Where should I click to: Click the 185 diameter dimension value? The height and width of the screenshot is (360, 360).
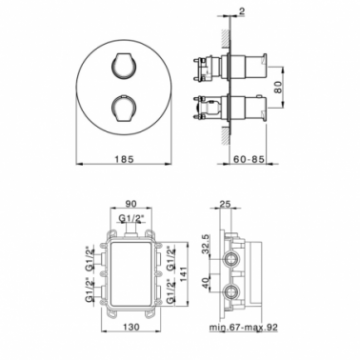(124, 159)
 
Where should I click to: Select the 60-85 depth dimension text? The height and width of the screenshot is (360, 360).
(249, 159)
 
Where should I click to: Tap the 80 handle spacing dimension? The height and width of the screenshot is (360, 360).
(278, 88)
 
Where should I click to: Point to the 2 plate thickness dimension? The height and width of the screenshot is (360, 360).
(242, 11)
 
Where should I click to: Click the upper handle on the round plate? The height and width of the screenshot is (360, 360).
(125, 65)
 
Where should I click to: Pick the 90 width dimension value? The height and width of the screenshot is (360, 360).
(130, 204)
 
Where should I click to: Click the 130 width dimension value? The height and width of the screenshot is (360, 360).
(130, 327)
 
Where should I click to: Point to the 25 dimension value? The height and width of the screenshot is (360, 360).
(225, 204)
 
